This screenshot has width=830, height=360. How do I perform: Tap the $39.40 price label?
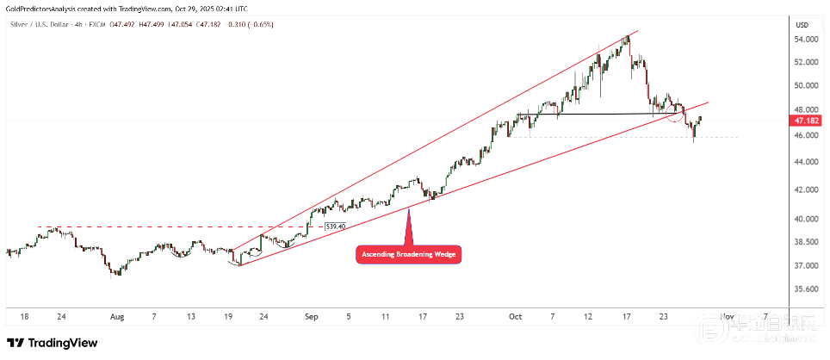pyautogui.click(x=335, y=227)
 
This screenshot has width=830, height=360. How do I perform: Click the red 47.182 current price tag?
pyautogui.click(x=808, y=121)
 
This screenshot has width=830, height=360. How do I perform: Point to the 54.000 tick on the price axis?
pyautogui.click(x=807, y=40)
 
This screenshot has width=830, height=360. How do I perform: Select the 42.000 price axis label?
pyautogui.click(x=807, y=189)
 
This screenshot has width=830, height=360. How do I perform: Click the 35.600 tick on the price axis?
pyautogui.click(x=807, y=289)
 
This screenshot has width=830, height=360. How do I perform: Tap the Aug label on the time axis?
pyautogui.click(x=118, y=316)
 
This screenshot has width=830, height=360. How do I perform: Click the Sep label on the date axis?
pyautogui.click(x=312, y=316)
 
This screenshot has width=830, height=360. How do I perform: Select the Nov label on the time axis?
pyautogui.click(x=728, y=316)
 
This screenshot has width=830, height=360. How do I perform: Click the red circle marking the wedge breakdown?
pyautogui.click(x=678, y=113)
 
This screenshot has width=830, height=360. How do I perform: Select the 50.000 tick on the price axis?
pyautogui.click(x=807, y=86)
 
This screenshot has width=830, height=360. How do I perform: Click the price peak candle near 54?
pyautogui.click(x=626, y=40)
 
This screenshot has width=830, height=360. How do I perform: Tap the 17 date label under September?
pyautogui.click(x=423, y=316)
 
